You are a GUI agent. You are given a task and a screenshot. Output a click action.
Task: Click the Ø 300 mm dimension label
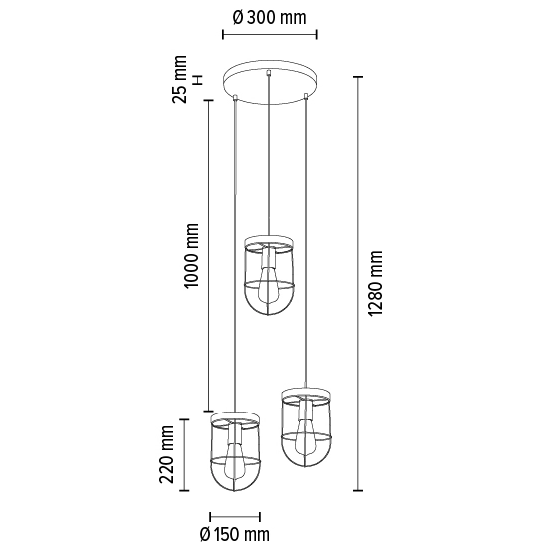[x=269, y=17]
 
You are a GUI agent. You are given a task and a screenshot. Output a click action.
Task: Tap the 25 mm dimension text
[x=180, y=79]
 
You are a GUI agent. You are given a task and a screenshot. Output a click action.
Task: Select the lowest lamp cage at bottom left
[x=234, y=453]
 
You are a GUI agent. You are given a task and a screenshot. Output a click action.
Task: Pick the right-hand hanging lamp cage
[x=306, y=428]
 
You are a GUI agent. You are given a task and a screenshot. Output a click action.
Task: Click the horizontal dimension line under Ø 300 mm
[x=269, y=35]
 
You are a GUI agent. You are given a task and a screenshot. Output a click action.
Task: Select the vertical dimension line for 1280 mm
[x=358, y=284]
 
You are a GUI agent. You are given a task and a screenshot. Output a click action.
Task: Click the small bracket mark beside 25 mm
[x=198, y=79]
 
